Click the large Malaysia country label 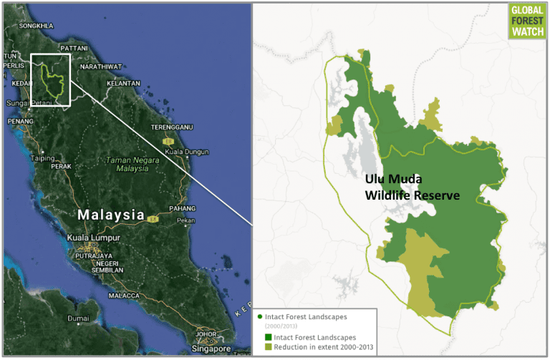pyautogui.click(x=111, y=215)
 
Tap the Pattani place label pyautogui.click(x=74, y=48)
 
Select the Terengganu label pyautogui.click(x=173, y=127)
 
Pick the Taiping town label pyautogui.click(x=43, y=158)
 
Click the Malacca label pyautogui.click(x=123, y=295)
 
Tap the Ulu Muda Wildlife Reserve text pyautogui.click(x=412, y=186)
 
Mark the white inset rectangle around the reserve pyautogui.click(x=50, y=79)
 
